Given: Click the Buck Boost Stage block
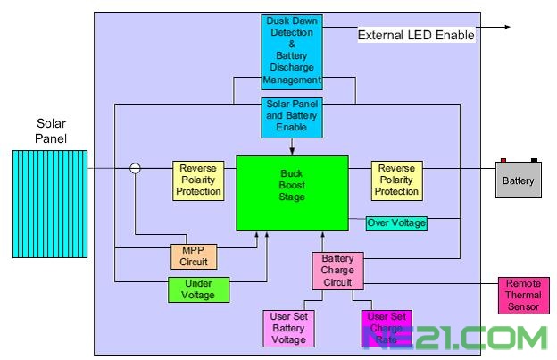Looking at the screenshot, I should tap(292, 193).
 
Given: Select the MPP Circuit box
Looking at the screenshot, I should tap(194, 256).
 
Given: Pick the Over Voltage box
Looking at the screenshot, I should tap(397, 222).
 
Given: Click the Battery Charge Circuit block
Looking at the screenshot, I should tap(337, 271).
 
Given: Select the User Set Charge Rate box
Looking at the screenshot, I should tap(386, 328).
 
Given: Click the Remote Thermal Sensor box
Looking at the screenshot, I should tap(524, 296).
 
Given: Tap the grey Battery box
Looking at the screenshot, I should tap(519, 180).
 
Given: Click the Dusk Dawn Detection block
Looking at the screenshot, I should tap(292, 51).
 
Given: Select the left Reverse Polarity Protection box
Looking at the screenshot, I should tap(198, 180).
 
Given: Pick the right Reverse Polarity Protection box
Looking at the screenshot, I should tap(397, 180).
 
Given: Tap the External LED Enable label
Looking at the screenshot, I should tap(416, 36).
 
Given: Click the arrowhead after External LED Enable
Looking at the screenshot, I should tap(506, 27).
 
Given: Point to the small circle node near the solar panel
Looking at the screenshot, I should tap(136, 168).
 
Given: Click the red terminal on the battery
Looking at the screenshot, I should tap(503, 161).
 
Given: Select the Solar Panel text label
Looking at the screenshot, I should tap(51, 130).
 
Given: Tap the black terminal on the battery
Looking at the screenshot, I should tap(535, 161).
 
